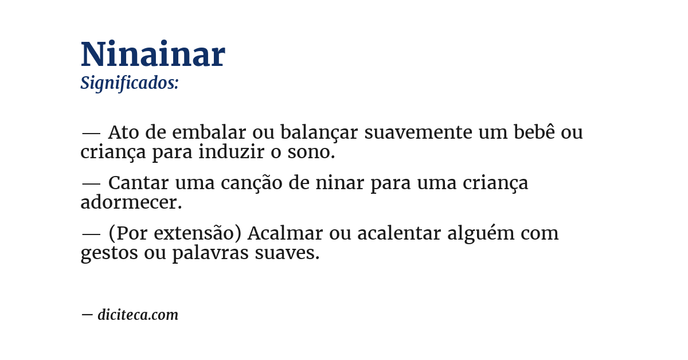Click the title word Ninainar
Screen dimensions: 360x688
tap(153, 55)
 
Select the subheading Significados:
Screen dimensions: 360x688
tap(130, 83)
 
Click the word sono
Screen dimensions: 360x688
tap(312, 153)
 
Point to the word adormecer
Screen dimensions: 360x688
tap(131, 202)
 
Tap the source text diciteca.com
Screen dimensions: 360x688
tap(138, 315)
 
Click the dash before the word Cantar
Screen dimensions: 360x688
tap(91, 183)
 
